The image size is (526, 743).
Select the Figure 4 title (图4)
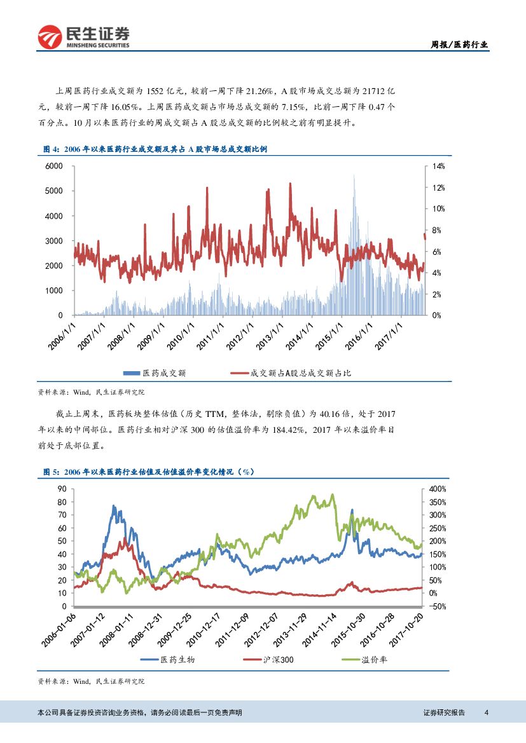[x=155, y=149]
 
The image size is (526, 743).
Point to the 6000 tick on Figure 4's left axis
[x=54, y=166]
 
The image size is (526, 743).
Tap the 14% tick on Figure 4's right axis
[x=439, y=166]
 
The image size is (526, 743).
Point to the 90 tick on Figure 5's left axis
[x=62, y=489]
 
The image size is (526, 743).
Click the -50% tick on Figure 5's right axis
[x=438, y=606]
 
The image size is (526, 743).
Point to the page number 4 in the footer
[x=486, y=712]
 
